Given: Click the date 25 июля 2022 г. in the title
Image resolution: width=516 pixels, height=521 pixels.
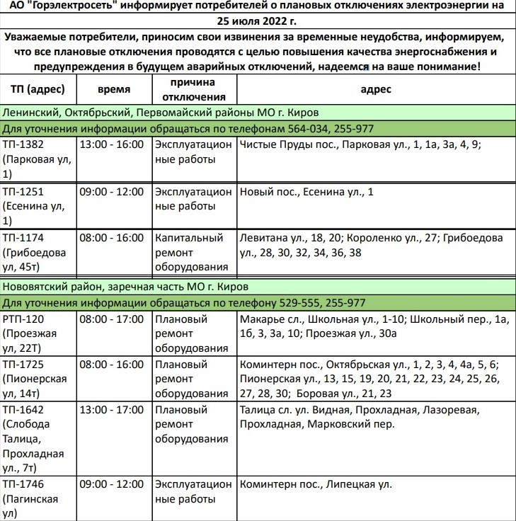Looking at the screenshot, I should click(x=258, y=20).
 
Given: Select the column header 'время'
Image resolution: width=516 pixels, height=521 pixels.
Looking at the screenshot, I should click(x=113, y=90).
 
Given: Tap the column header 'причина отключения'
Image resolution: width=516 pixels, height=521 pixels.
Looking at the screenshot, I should click(x=191, y=90).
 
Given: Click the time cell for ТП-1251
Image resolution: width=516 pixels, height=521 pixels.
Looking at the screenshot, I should click(x=113, y=192).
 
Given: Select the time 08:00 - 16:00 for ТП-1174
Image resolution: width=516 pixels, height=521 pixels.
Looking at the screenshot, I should click(x=113, y=239).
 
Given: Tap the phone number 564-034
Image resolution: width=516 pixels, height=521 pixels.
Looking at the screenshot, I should click(x=306, y=129).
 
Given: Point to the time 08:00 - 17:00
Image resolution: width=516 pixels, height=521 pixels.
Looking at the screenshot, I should click(x=113, y=319).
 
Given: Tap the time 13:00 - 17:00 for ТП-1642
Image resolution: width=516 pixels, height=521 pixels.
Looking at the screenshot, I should click(x=113, y=411).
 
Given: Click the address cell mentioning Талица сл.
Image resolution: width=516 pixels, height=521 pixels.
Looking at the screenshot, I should click(x=360, y=418).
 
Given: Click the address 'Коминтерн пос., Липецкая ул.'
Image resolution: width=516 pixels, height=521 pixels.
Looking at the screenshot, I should click(x=316, y=485).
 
